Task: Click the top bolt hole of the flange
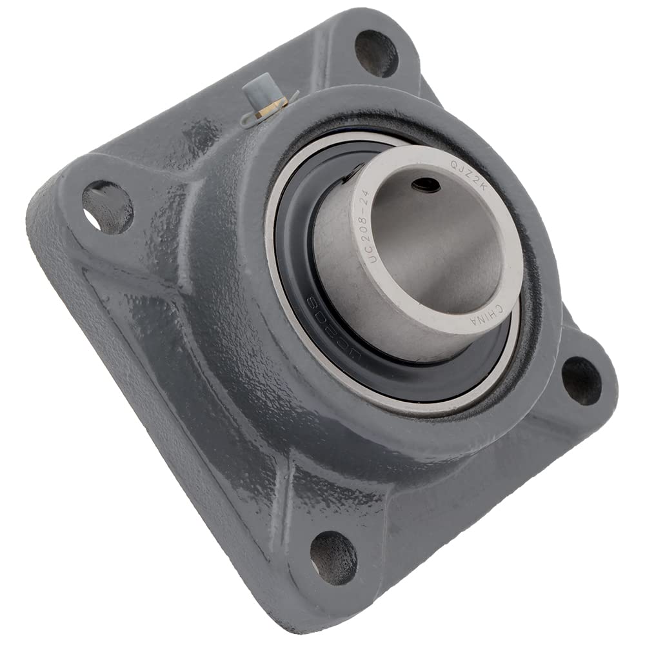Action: coord(376,54)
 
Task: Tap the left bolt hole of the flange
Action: coord(107,206)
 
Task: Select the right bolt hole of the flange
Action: coord(582,381)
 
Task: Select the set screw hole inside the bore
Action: coord(426,185)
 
